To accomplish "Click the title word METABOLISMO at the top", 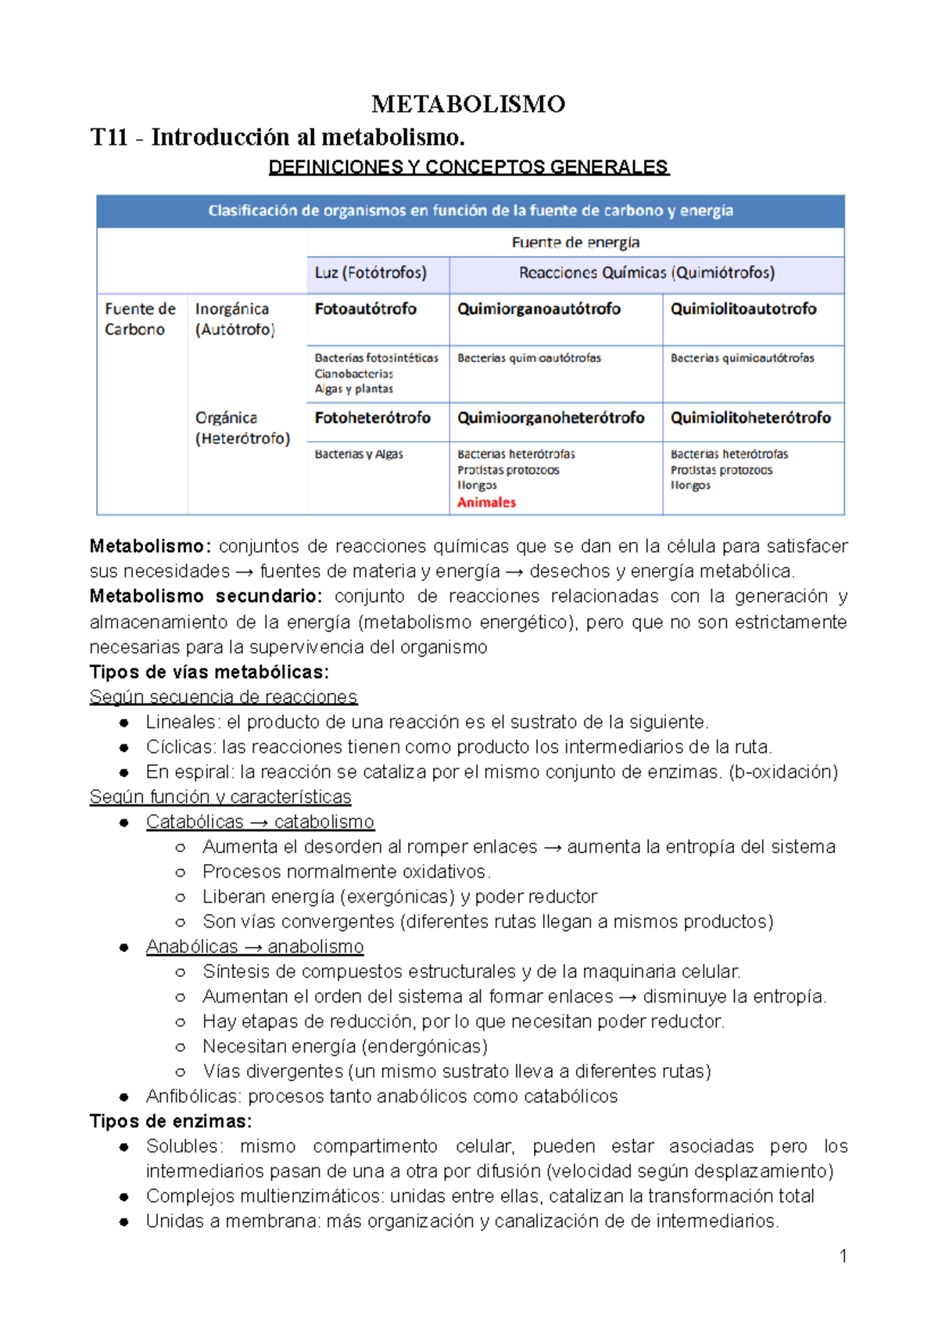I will pos(468,104).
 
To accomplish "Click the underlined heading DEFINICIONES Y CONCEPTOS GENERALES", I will pos(468,167).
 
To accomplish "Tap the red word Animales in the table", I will pos(486,503).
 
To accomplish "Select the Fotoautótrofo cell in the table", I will pos(365,309).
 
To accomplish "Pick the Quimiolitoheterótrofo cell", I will pos(750,418).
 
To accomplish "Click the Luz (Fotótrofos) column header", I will pos(371,273).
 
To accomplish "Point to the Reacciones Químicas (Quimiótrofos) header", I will pos(646,273).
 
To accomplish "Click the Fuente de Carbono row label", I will pos(140,319).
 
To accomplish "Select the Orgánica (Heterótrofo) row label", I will pos(242,428).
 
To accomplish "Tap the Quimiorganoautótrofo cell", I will pos(539,309).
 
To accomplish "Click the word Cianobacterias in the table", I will pos(353,374).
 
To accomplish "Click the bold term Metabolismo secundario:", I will pos(206,597).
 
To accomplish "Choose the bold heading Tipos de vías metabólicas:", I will pos(209,672).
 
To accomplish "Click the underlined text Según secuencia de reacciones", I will pos(223,697).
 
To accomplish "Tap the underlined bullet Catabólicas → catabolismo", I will pos(260,822).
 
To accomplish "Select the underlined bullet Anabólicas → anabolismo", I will pos(254,947).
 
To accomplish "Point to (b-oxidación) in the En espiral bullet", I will pos(782,772).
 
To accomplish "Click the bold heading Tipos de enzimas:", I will pos(170,1121).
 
